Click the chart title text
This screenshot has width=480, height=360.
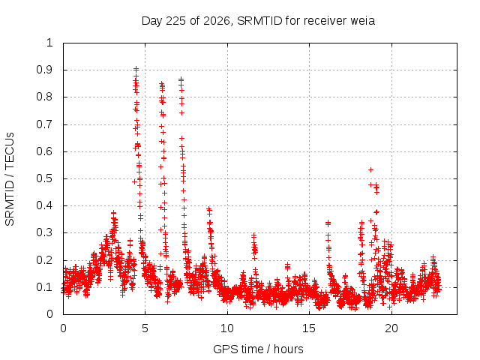(258, 21)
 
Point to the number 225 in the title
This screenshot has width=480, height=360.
(175, 21)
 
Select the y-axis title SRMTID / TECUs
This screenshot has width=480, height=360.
(10, 179)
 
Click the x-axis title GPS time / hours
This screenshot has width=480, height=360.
(258, 349)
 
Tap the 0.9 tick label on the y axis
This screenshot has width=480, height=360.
(44, 70)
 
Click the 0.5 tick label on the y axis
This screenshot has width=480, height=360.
(44, 178)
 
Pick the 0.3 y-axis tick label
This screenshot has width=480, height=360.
(44, 232)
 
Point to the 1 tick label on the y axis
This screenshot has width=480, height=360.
(49, 43)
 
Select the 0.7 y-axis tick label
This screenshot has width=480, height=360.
(44, 124)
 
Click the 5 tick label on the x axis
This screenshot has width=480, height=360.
(145, 328)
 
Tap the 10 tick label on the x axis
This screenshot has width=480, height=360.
(227, 328)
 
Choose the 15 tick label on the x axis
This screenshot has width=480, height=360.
(309, 328)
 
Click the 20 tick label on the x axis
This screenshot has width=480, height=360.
(391, 328)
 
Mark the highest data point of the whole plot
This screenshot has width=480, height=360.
(136, 69)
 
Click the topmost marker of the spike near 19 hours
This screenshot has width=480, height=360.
(370, 170)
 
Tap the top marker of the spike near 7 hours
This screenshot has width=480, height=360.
(181, 79)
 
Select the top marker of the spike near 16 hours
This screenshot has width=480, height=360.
(328, 223)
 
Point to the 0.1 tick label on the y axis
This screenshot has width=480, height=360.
(44, 287)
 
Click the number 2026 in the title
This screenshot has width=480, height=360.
(217, 21)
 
